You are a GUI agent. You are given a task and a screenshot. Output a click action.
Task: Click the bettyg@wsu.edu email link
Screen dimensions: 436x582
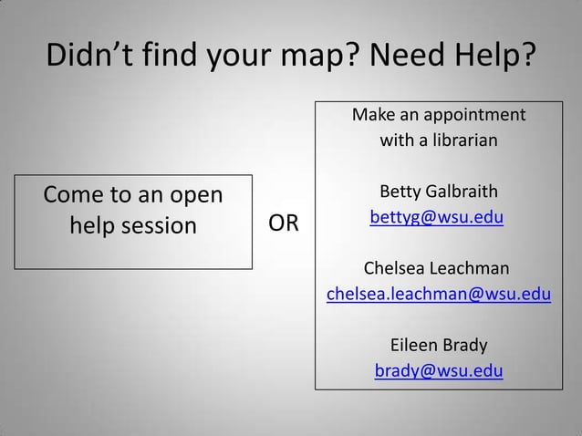(437, 219)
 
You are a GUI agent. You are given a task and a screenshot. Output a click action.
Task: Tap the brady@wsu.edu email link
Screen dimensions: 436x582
(438, 371)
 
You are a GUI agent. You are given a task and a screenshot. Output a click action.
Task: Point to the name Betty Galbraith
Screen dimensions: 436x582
(438, 192)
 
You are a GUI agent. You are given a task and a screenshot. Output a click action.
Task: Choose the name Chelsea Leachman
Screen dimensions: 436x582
(437, 269)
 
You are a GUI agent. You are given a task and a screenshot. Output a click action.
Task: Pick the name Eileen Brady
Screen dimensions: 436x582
(438, 346)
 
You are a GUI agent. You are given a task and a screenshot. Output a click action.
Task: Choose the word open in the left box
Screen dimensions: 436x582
(194, 197)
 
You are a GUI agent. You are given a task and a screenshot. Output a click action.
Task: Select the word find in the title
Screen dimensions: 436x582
(168, 59)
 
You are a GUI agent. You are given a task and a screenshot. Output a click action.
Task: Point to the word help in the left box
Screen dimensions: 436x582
(93, 224)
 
